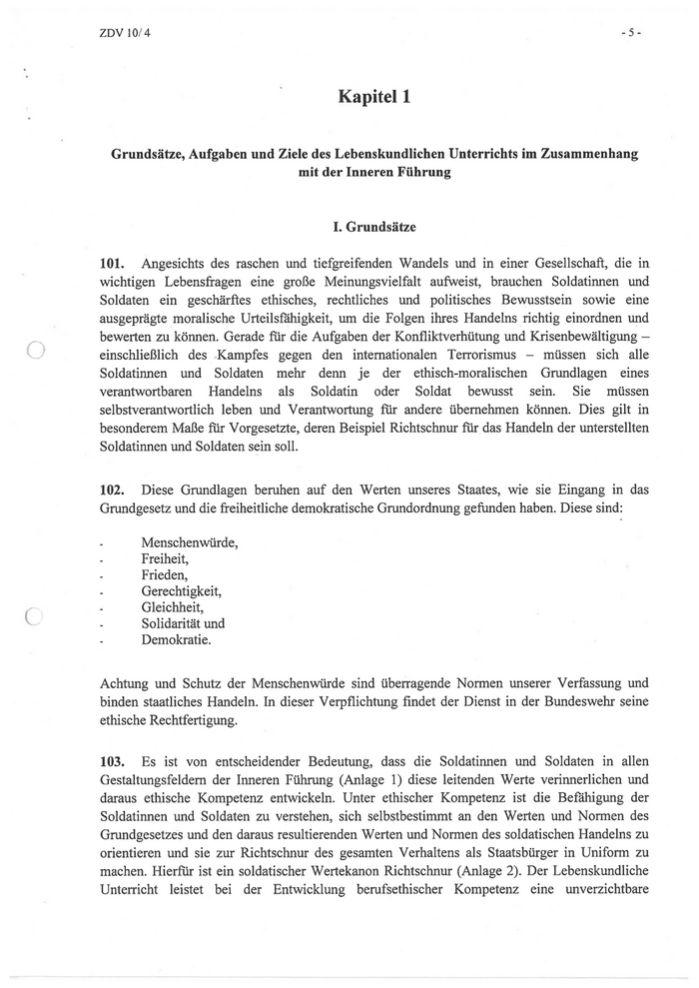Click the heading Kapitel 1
[374, 97]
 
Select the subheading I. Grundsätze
[374, 228]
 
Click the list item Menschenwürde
[190, 542]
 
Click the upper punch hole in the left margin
[33, 350]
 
